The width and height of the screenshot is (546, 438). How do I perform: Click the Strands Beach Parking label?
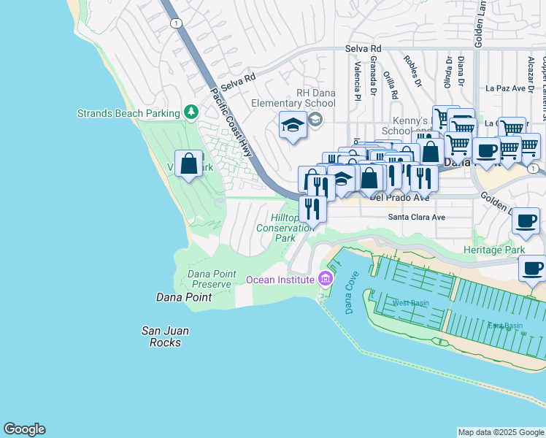[x=128, y=113]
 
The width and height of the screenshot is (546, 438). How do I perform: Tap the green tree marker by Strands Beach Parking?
[x=191, y=112]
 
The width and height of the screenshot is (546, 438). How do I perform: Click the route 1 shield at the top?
[x=175, y=23]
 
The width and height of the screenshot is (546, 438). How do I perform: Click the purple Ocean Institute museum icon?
[x=325, y=279]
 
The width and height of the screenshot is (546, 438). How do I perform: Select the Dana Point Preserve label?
[x=212, y=279]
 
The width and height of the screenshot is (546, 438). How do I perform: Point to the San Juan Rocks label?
[x=166, y=337]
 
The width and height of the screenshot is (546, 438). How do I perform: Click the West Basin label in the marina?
[x=410, y=302]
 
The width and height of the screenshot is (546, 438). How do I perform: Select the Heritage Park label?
[x=494, y=250]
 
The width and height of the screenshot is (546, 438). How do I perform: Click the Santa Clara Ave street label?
[x=416, y=217]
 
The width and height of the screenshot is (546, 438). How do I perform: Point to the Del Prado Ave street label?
[x=400, y=197]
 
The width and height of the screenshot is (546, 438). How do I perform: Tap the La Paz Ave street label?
[x=506, y=88]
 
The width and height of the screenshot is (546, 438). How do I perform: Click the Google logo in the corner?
[x=24, y=429]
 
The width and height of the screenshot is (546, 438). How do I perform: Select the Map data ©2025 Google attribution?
[x=500, y=432]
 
